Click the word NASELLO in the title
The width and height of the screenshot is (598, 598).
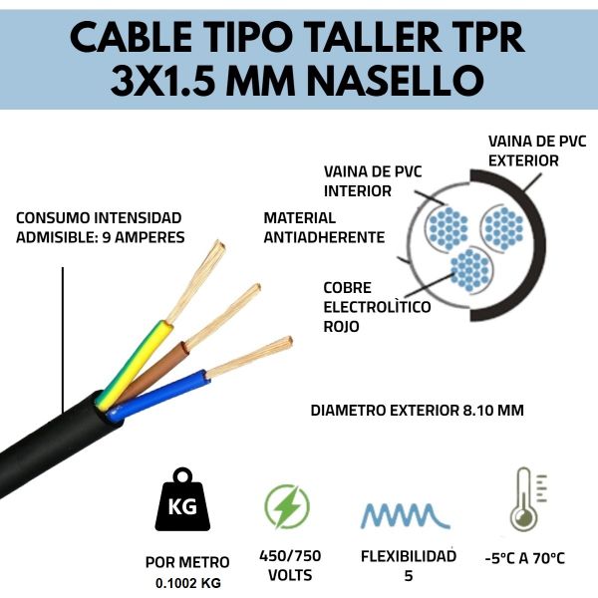(x=396, y=81)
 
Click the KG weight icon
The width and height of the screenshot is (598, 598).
(x=182, y=499)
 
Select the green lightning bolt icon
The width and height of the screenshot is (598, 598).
(x=287, y=506)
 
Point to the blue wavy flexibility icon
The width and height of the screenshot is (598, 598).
(x=406, y=515)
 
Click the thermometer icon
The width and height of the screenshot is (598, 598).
(x=528, y=499)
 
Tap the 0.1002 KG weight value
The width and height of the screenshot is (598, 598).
(x=188, y=583)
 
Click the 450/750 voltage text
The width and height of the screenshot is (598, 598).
(x=290, y=556)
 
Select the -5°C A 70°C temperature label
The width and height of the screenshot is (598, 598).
(x=525, y=558)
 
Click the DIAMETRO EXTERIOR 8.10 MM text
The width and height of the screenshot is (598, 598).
(x=418, y=411)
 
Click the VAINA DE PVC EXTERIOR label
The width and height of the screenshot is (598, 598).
(x=537, y=151)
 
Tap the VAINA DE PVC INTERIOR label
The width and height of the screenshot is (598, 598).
(x=373, y=181)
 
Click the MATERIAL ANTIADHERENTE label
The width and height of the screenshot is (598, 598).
(x=324, y=227)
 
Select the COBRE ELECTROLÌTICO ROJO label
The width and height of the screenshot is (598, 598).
(x=377, y=307)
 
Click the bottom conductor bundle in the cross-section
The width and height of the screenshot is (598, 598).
(x=469, y=270)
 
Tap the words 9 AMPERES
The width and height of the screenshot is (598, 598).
(x=144, y=237)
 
